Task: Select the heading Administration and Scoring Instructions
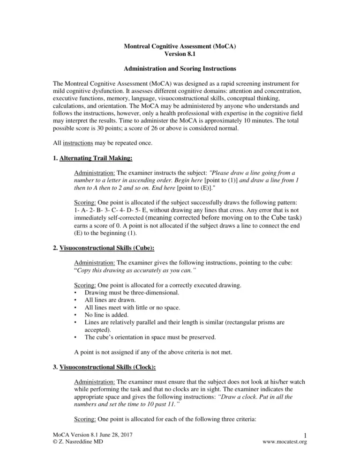point(180,69)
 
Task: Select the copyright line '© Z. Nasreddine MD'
point(79,453)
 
